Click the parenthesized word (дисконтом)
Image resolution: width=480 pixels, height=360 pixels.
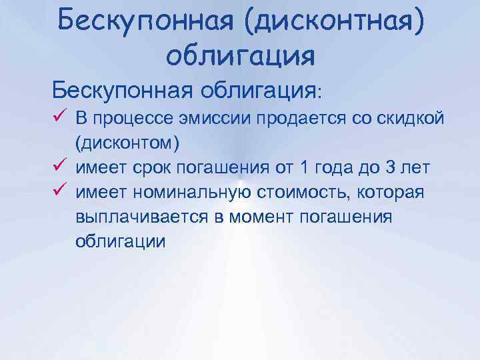pos(127,144)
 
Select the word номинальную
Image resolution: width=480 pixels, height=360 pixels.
pos(193,193)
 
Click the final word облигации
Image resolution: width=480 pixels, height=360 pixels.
pos(120,242)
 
